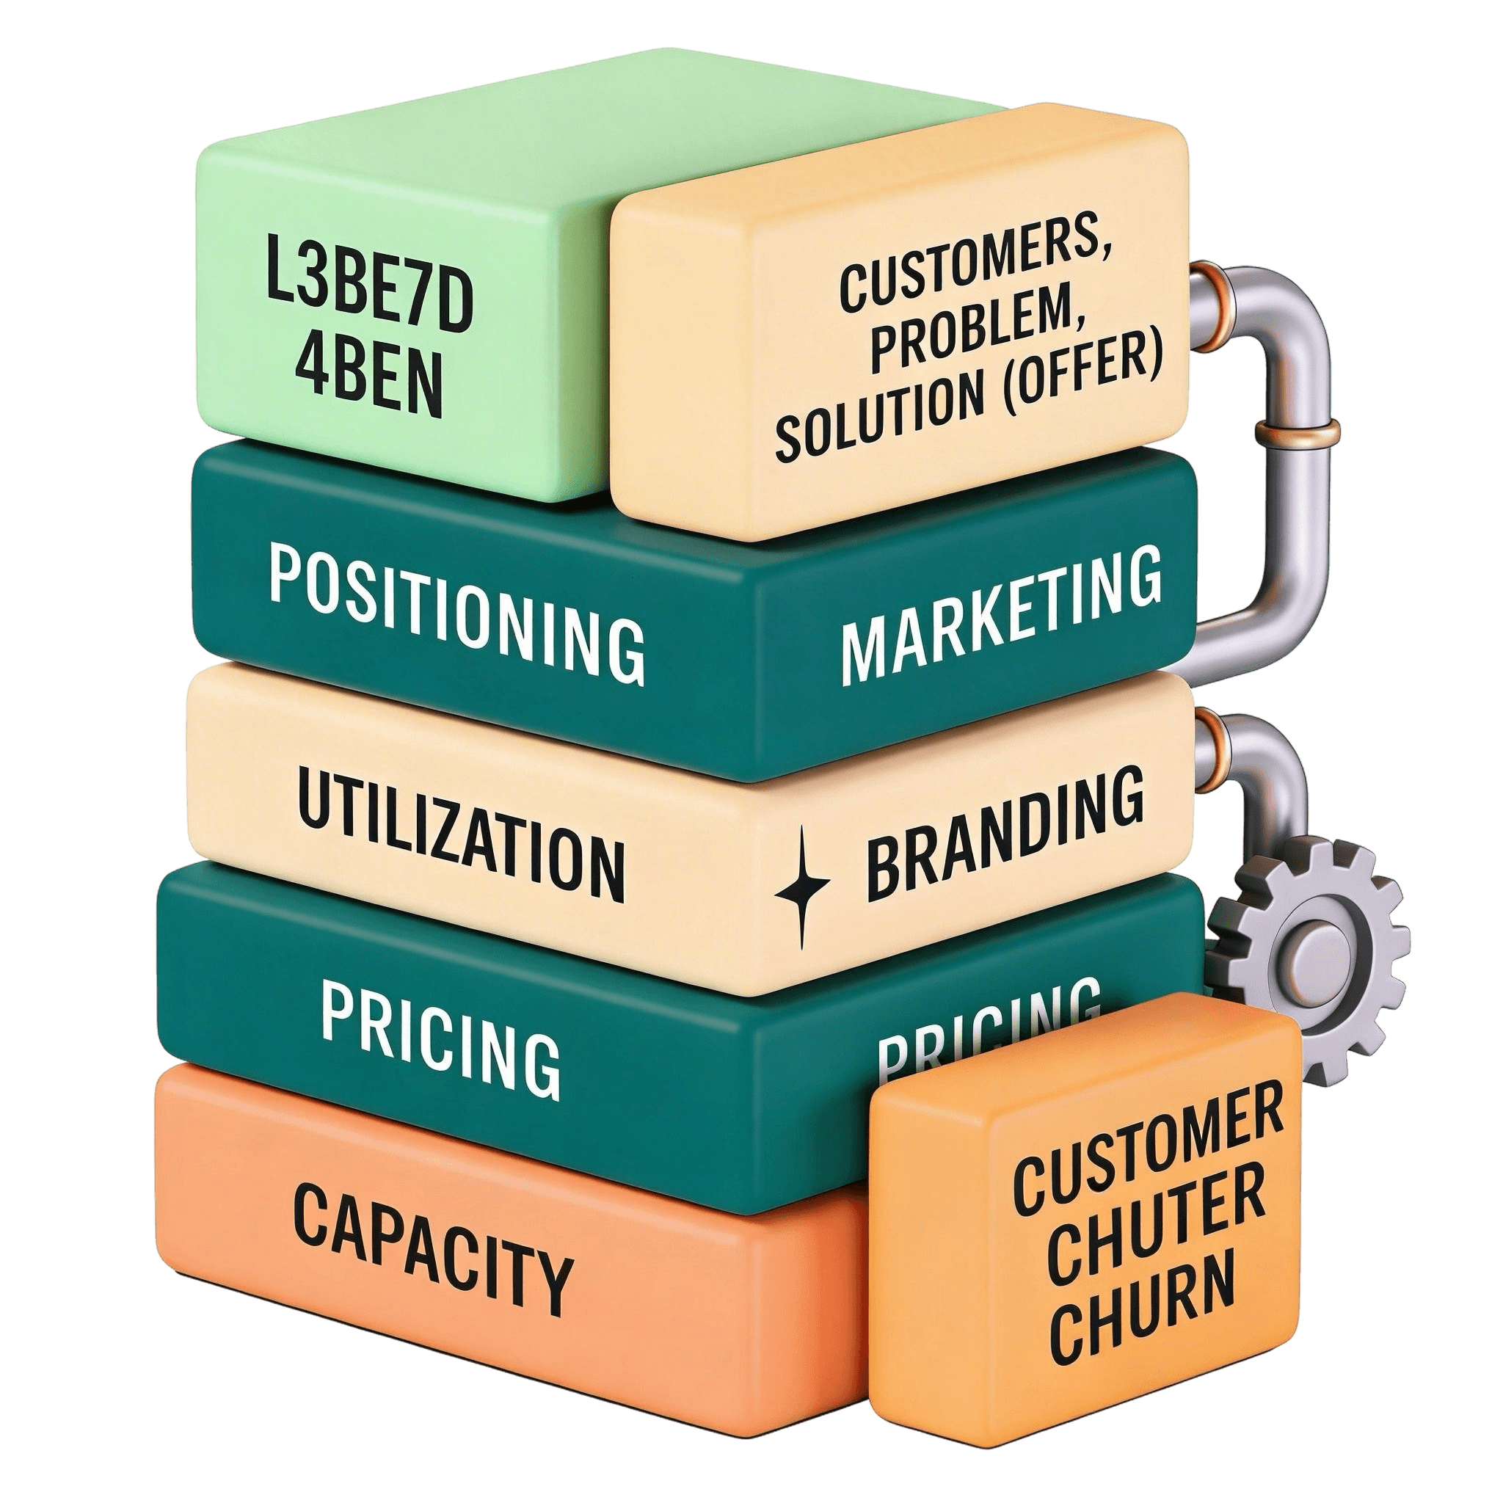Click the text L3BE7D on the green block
(x=370, y=294)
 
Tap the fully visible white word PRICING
(x=440, y=1038)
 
